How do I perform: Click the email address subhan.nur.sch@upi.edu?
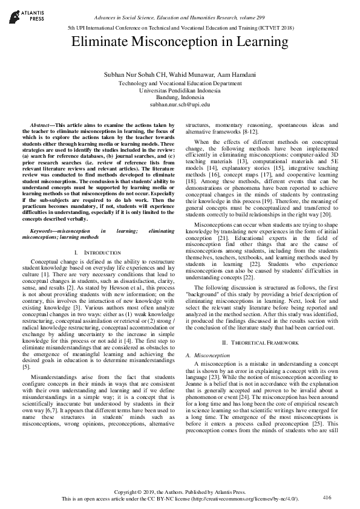180,105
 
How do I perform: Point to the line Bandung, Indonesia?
180,97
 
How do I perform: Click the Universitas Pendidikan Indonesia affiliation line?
180,90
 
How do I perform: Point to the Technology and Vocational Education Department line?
180,83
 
